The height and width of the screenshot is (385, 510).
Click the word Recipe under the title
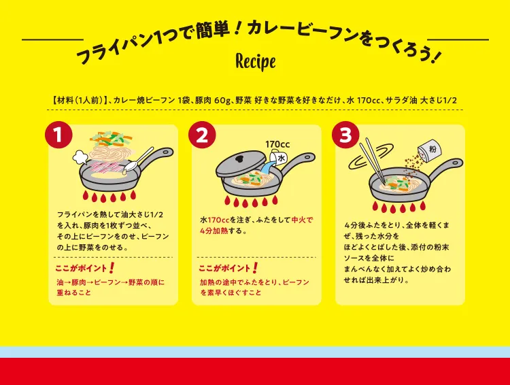255,62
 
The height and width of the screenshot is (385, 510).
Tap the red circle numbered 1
58,135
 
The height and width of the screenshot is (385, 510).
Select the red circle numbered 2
202,135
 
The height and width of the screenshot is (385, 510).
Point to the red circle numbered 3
345,135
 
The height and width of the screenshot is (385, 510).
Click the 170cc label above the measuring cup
277,144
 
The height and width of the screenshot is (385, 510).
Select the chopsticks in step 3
374,160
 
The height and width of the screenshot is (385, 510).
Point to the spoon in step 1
139,160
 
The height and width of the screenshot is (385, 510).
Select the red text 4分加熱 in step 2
214,231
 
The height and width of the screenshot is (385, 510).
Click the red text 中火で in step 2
302,220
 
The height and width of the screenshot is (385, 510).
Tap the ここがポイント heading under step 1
81,269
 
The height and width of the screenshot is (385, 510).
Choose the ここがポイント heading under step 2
224,269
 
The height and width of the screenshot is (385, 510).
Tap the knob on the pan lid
240,159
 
